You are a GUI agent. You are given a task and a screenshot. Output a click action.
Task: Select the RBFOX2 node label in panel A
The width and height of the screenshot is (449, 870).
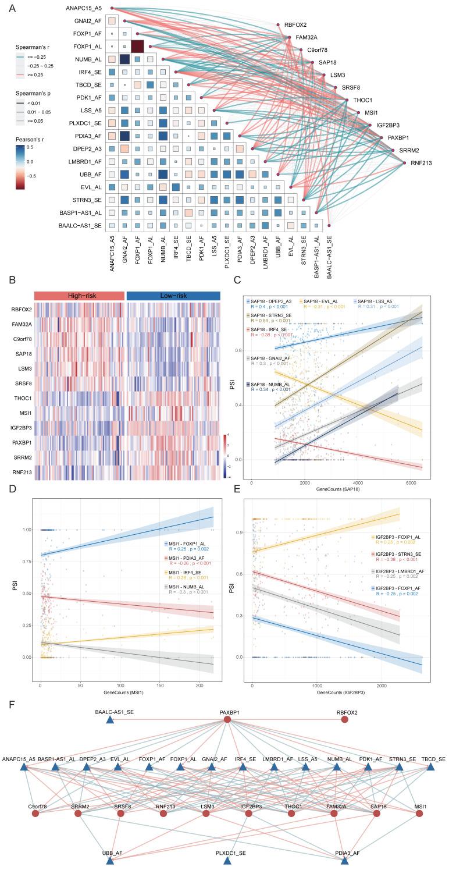[x=295, y=24]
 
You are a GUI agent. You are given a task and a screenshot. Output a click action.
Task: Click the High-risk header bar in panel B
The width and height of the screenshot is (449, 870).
[x=80, y=295]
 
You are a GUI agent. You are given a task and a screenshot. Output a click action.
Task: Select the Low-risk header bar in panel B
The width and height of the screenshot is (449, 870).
[x=173, y=295]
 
